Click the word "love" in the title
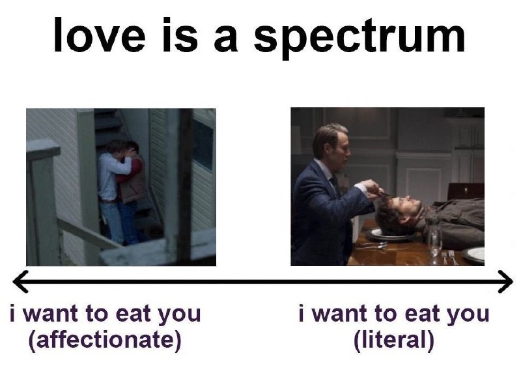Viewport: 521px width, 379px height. tap(100, 35)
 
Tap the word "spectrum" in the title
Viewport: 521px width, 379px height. tap(359, 38)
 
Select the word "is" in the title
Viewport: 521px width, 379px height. tap(180, 35)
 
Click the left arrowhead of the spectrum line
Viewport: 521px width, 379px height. tap(21, 282)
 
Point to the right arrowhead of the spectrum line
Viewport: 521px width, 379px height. tap(505, 282)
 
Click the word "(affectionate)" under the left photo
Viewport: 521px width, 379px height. tap(105, 340)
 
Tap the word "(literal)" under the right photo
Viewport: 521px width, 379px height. tap(394, 340)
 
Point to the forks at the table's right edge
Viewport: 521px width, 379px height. tap(449, 257)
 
